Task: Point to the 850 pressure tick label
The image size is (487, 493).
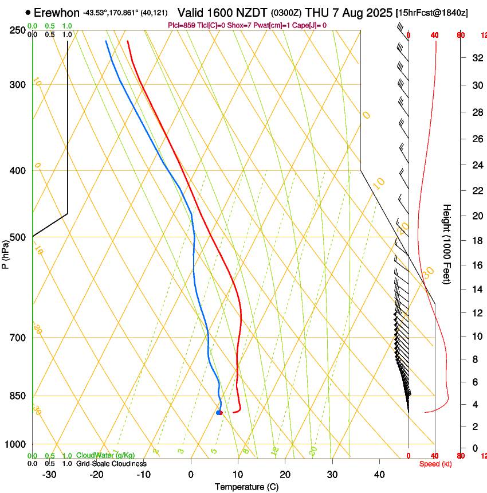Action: click(x=17, y=396)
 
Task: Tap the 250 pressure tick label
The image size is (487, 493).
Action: click(x=17, y=30)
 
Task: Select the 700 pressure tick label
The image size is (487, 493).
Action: click(x=17, y=338)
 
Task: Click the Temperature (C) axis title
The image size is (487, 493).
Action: click(x=246, y=487)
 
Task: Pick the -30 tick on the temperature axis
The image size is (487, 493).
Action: click(x=49, y=475)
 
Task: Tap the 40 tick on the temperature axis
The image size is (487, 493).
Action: click(x=379, y=475)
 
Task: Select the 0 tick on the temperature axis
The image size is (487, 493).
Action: click(x=191, y=475)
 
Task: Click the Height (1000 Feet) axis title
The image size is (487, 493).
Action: click(x=447, y=244)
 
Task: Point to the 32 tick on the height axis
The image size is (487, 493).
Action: click(x=476, y=58)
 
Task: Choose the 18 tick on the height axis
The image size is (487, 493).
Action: click(x=476, y=241)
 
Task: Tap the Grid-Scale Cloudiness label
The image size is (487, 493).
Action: click(x=111, y=463)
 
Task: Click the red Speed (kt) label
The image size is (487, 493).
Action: click(x=434, y=464)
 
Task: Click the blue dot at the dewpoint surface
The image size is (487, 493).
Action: click(x=219, y=413)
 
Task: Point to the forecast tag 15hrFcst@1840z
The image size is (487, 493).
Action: click(x=431, y=13)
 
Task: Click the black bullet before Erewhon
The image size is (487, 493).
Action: click(x=28, y=13)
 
